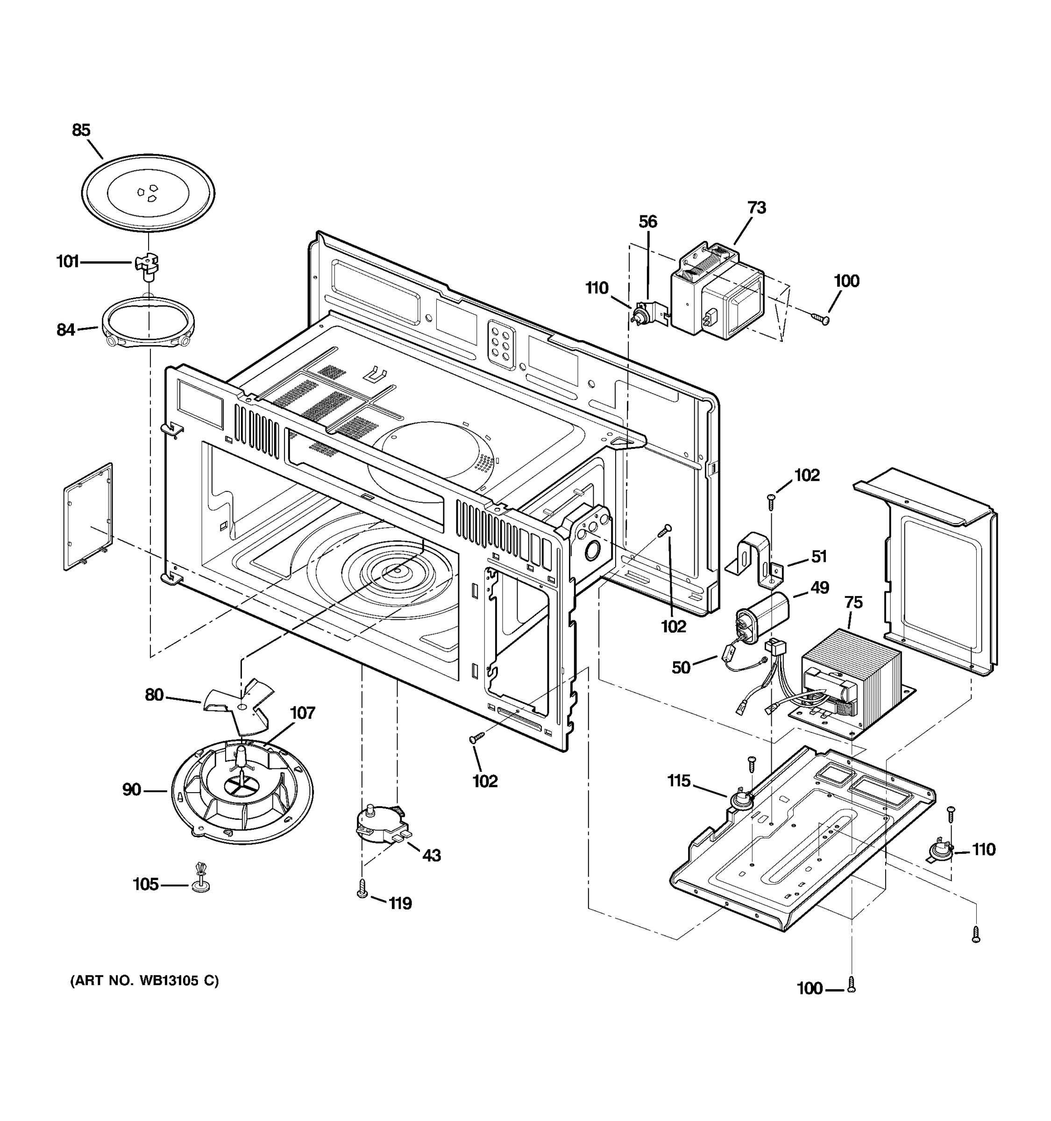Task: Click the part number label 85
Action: (x=81, y=130)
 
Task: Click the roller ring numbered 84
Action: (x=148, y=323)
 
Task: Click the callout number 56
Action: (x=647, y=221)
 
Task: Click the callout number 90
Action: (x=131, y=790)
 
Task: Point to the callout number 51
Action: (x=819, y=557)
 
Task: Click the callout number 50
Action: (x=681, y=667)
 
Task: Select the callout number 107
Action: (x=302, y=713)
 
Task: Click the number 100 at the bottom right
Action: (x=809, y=988)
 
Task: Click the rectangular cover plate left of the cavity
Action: (x=89, y=517)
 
